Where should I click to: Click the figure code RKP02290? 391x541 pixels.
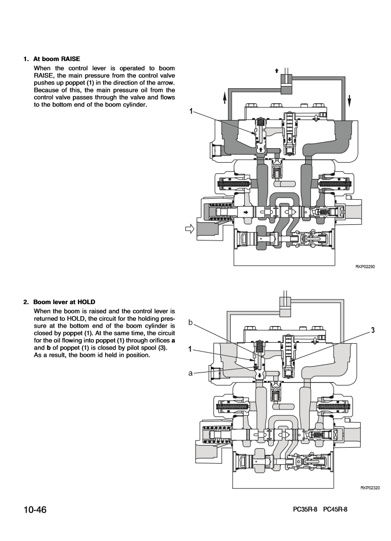point(365,266)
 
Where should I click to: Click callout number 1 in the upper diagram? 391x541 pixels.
point(191,111)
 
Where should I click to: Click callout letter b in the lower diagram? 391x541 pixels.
point(191,323)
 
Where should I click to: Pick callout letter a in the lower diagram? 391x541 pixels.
point(191,374)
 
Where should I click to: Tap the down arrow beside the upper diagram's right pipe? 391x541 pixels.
point(349,99)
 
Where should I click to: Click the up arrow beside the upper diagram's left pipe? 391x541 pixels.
point(224,98)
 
